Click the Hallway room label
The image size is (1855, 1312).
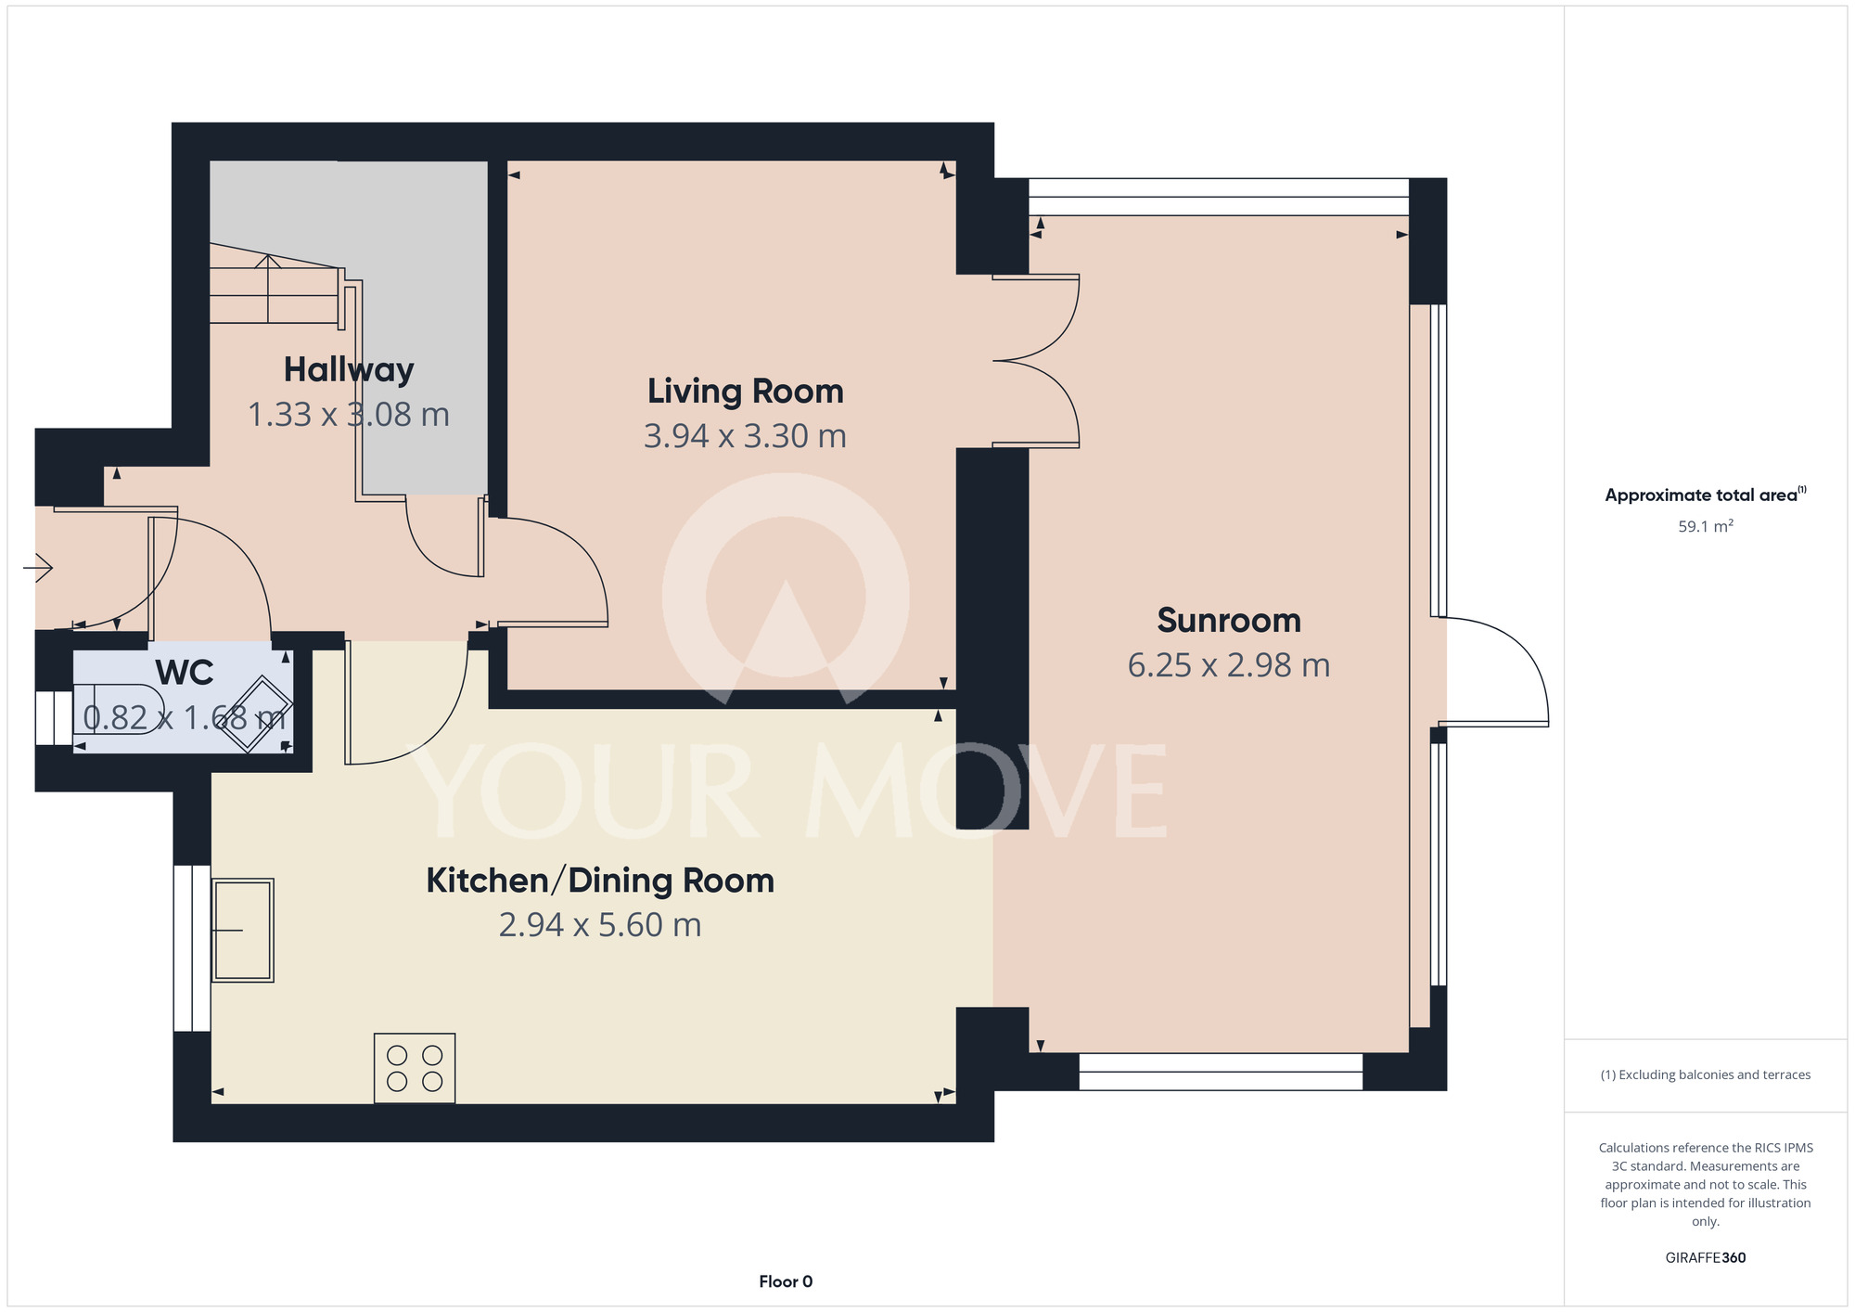tap(349, 369)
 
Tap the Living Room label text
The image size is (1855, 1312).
tap(746, 392)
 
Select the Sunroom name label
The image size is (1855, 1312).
tap(1229, 620)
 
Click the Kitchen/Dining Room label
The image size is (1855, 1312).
tap(600, 881)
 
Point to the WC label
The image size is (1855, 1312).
tap(185, 673)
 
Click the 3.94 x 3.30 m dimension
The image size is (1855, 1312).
tap(746, 436)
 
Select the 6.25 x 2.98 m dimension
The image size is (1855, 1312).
tap(1229, 665)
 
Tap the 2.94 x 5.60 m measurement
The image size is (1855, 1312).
tap(600, 925)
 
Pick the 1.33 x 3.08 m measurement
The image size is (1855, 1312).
tap(349, 414)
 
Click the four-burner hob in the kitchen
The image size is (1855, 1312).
tap(415, 1068)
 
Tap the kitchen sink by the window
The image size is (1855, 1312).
tap(243, 930)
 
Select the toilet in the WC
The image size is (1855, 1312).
tap(118, 710)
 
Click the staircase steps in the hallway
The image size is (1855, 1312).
tap(275, 289)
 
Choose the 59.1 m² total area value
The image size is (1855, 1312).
tap(1706, 526)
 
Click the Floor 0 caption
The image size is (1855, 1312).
tap(786, 1281)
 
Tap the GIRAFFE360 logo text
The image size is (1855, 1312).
tap(1706, 1258)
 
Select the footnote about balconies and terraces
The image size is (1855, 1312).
tap(1706, 1074)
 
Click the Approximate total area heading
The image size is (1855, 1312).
tap(1706, 495)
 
